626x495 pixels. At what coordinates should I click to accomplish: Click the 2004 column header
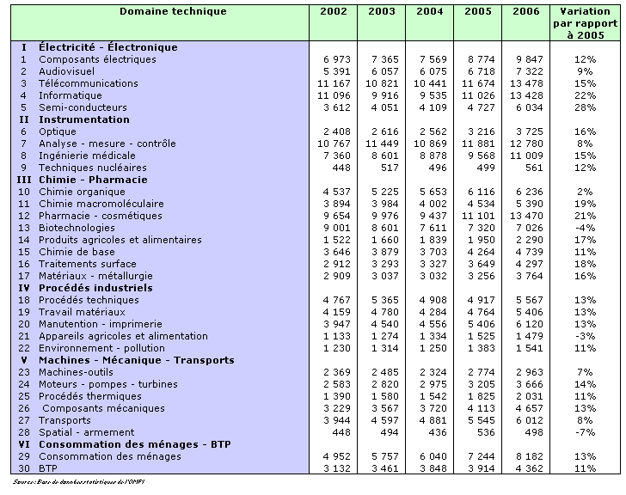click(429, 11)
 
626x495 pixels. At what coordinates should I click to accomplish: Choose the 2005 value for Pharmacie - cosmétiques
click(478, 216)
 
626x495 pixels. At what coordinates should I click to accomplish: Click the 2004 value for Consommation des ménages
click(429, 456)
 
